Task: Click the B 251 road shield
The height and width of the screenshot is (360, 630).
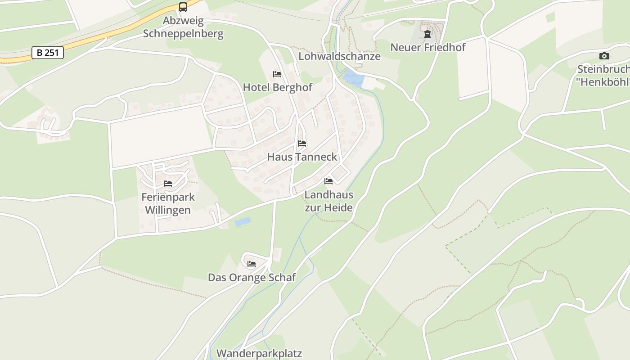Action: click(47, 53)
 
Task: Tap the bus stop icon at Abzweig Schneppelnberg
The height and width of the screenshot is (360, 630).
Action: click(183, 7)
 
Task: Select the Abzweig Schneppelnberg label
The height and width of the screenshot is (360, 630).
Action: click(183, 27)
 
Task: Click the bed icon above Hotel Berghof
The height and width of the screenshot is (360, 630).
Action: click(277, 74)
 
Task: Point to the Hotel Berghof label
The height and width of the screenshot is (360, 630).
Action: click(277, 87)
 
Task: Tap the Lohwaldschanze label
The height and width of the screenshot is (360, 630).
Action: click(339, 56)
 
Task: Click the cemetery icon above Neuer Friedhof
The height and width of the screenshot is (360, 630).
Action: click(427, 34)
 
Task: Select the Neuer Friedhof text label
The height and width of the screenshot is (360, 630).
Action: click(427, 47)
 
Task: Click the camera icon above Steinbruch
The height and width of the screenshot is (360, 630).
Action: click(604, 56)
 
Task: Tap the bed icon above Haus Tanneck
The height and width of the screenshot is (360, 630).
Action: click(302, 144)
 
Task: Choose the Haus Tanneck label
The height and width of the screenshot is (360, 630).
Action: click(302, 157)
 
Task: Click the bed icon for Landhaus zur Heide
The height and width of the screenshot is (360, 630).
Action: click(328, 181)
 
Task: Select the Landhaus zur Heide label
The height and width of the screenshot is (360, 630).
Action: click(328, 201)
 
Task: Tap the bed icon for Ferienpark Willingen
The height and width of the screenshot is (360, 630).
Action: click(168, 184)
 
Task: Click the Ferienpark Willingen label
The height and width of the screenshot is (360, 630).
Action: click(168, 203)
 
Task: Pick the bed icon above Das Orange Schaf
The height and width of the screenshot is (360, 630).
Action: click(252, 264)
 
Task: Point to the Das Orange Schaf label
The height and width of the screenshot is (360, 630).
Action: click(252, 277)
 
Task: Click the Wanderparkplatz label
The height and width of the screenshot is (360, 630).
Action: click(259, 353)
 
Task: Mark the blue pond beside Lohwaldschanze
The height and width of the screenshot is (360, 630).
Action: click(353, 80)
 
